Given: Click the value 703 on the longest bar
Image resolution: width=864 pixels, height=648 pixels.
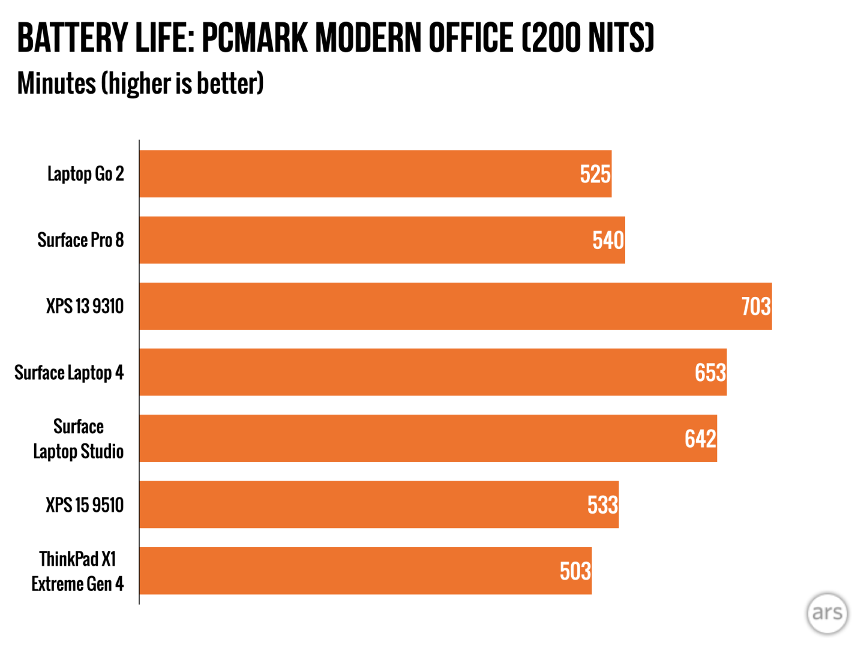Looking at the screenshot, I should pyautogui.click(x=755, y=307).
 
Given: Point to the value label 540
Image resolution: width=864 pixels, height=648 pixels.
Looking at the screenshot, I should pyautogui.click(x=608, y=241).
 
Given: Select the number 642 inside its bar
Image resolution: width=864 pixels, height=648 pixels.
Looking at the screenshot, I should pyautogui.click(x=700, y=439).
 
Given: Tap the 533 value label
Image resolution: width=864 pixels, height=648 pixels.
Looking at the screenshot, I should pyautogui.click(x=602, y=505).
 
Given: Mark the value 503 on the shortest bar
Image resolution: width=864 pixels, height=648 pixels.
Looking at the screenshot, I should pyautogui.click(x=575, y=571).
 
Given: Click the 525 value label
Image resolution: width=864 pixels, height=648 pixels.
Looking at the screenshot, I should pyautogui.click(x=595, y=175).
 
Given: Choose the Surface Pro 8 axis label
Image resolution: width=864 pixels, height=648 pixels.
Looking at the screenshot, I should pyautogui.click(x=80, y=240).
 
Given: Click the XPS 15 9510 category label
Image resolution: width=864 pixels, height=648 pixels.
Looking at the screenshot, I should pyautogui.click(x=85, y=505).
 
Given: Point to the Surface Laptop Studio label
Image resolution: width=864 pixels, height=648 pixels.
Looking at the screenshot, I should pyautogui.click(x=79, y=439).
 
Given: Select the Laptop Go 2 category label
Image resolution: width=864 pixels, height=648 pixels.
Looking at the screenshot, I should pyautogui.click(x=86, y=174).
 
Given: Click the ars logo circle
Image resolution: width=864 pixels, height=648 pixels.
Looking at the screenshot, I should pyautogui.click(x=827, y=613).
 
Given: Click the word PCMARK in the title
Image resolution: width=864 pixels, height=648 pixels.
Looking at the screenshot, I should pyautogui.click(x=254, y=38).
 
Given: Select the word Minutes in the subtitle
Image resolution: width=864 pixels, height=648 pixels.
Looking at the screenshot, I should pyautogui.click(x=56, y=83).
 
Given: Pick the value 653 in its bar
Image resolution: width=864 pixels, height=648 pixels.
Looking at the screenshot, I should pyautogui.click(x=710, y=373).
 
